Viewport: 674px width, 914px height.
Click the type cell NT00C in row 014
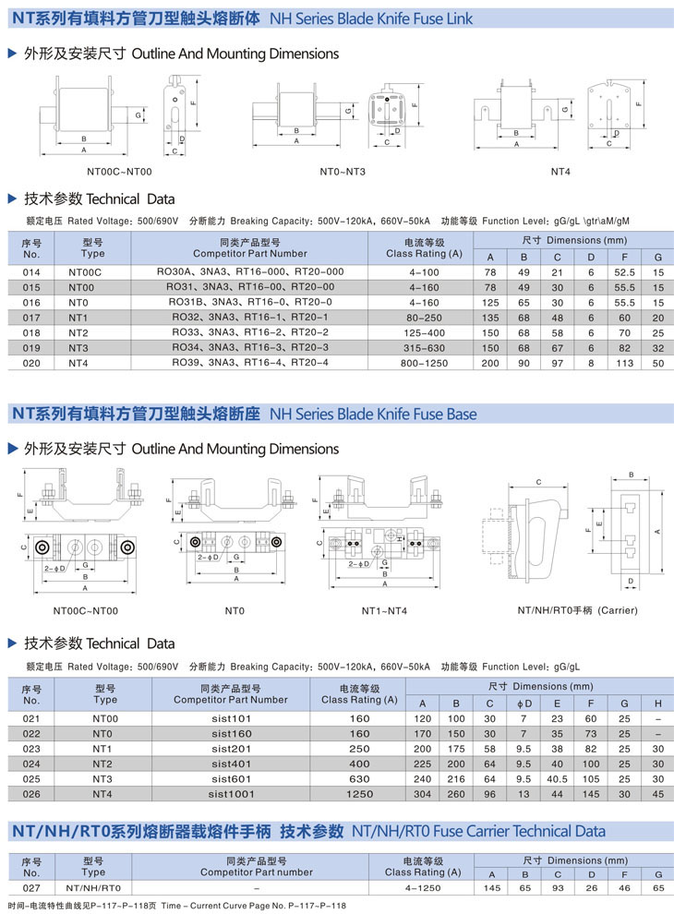pos(84,271)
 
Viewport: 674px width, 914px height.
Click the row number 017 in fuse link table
pos(31,317)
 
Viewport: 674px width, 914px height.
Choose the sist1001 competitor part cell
pos(230,793)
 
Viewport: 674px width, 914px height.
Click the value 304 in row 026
pos(423,793)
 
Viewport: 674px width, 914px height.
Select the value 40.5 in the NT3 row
pos(557,778)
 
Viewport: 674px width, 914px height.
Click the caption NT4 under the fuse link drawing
pos(560,172)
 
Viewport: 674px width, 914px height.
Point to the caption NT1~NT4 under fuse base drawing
pos(384,610)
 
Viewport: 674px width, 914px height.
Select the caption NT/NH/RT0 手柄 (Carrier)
pos(577,610)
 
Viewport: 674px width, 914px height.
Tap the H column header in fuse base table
pos(658,704)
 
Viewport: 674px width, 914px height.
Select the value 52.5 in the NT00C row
pos(625,271)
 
